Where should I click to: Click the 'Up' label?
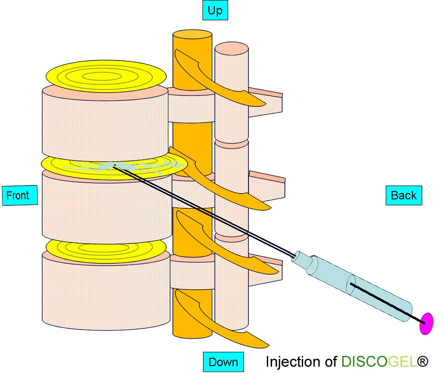215,10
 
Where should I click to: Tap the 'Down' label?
223,362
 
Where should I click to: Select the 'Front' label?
18,195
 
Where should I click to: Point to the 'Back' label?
404,195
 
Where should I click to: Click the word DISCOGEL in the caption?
378,362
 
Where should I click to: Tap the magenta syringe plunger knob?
426,324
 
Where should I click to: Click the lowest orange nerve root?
222,322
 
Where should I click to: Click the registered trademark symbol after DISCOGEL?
423,362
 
